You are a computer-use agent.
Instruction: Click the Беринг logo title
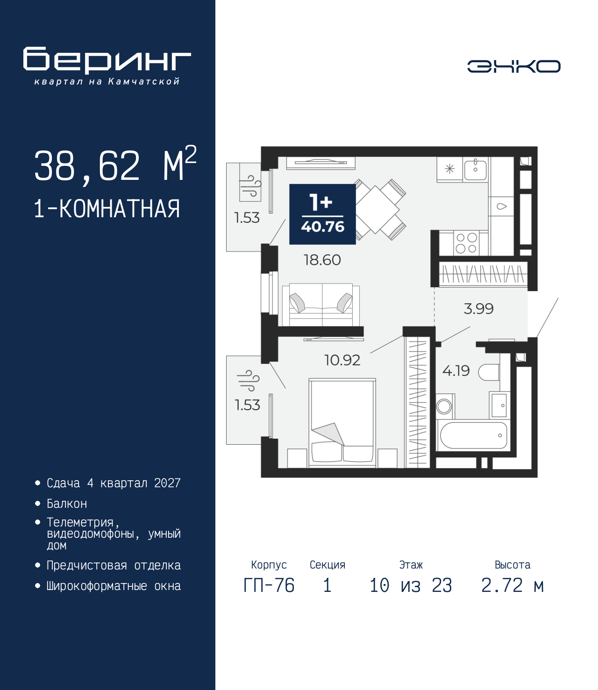tap(107, 60)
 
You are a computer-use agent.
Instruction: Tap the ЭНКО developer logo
tap(513, 66)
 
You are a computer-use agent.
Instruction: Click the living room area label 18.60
tap(322, 260)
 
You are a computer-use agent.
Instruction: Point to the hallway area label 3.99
tap(478, 309)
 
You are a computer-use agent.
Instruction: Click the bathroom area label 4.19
tap(456, 371)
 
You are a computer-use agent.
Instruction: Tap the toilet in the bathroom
tap(489, 372)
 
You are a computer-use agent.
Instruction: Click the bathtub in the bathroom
tap(473, 435)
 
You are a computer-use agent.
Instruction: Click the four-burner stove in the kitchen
tap(467, 243)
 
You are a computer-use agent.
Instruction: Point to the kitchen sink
tap(476, 169)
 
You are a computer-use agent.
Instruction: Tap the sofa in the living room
tap(321, 305)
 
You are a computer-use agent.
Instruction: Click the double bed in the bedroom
tap(342, 423)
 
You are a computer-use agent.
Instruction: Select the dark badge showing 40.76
tap(322, 214)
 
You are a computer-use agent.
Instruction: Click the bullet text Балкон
tap(67, 504)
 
